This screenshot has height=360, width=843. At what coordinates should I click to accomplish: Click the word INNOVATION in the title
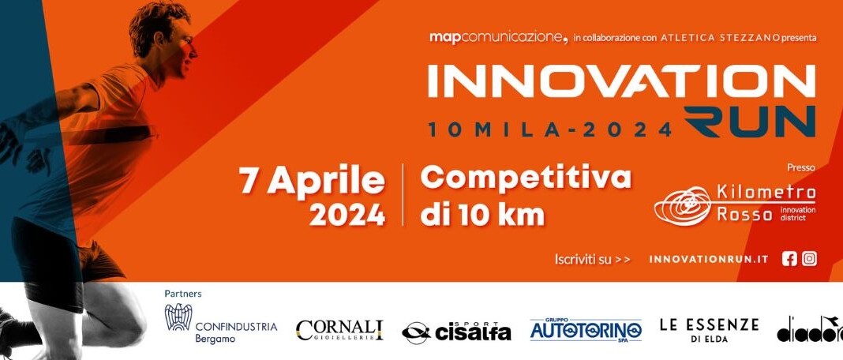pos(621,81)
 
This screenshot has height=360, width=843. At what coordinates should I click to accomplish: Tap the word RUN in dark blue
pos(749,122)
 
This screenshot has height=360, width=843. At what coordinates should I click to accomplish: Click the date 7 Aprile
pos(313,181)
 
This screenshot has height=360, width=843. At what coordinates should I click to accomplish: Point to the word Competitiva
pos(525,178)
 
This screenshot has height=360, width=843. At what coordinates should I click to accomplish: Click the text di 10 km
pos(482,215)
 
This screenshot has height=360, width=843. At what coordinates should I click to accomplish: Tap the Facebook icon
pos(789,259)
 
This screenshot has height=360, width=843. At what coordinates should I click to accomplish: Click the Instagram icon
pos(809,259)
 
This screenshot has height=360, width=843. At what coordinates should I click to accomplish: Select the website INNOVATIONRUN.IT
pos(709,260)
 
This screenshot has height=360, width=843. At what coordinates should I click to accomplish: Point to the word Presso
pos(801,168)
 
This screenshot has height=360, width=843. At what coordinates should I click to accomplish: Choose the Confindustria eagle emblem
pos(178,317)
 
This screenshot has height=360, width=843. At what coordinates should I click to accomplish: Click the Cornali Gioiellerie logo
pos(339,331)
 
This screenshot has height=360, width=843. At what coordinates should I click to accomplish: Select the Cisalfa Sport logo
pos(456,332)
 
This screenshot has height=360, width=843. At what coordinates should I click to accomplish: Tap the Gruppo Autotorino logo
pos(586,329)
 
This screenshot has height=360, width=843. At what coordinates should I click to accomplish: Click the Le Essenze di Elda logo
pos(709,330)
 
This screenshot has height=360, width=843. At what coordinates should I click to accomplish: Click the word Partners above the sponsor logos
pos(183,294)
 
